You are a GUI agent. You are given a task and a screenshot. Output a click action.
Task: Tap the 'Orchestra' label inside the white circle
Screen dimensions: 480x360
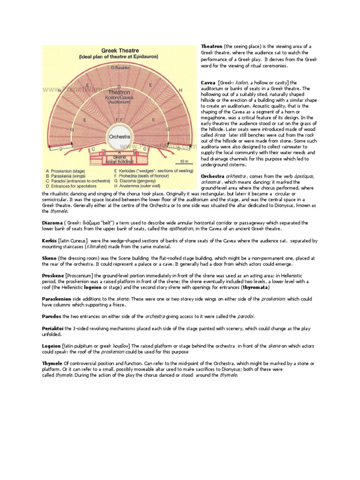(x=119, y=137)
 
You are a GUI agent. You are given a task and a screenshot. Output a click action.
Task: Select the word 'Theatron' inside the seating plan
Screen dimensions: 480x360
(x=119, y=92)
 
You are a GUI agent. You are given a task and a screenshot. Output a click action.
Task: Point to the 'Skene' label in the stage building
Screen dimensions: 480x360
(x=119, y=157)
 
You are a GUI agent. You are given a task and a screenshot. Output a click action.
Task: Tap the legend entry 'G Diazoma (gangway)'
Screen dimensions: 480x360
(x=140, y=180)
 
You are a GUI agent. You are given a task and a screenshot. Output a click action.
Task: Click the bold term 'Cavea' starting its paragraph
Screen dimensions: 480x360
(x=208, y=82)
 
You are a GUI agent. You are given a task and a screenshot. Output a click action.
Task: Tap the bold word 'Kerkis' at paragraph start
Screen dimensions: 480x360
(x=50, y=240)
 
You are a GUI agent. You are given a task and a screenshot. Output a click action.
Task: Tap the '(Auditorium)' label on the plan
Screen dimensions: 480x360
(x=119, y=102)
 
